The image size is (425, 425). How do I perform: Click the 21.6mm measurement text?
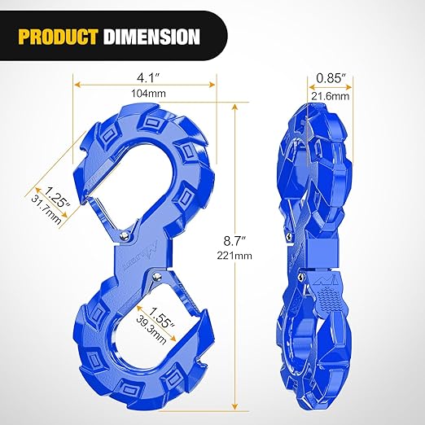[x=330, y=96]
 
